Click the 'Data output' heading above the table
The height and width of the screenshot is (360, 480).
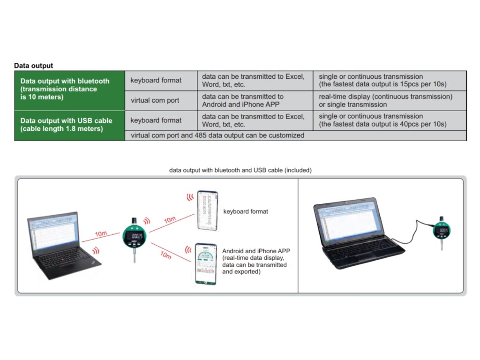click(x=33, y=66)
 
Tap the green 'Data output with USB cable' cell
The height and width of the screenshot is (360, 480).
click(x=69, y=124)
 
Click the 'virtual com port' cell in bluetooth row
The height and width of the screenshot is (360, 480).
click(x=155, y=100)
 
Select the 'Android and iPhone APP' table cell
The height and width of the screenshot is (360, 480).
click(x=255, y=100)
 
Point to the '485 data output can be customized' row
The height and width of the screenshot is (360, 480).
click(x=295, y=135)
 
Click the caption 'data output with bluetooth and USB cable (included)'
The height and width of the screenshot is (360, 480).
click(x=240, y=170)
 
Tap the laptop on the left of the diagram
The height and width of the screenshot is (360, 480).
click(x=60, y=246)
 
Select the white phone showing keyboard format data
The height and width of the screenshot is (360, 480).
click(x=208, y=210)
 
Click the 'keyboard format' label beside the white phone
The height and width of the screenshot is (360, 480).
click(x=246, y=211)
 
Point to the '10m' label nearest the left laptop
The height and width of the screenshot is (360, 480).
click(x=101, y=232)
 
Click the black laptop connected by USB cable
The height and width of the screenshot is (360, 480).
click(x=352, y=230)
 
